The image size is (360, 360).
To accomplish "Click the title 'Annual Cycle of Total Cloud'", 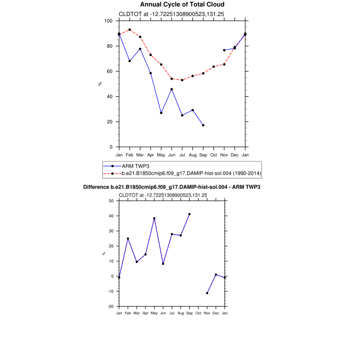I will [182, 5].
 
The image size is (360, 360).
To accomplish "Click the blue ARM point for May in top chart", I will [161, 113].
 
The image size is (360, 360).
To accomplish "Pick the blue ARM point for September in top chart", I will [203, 125].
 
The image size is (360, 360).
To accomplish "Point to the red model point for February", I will [130, 30].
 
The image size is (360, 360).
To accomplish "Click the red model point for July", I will [182, 80].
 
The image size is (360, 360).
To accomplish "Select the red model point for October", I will [213, 67].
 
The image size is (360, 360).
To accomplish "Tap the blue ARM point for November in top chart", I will [224, 50].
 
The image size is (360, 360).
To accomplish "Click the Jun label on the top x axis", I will [172, 155].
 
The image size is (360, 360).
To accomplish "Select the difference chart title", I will [172, 187].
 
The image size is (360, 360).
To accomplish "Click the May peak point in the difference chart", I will [154, 219].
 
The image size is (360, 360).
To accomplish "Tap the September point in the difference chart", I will [189, 214].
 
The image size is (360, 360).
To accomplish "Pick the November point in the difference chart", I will [207, 293].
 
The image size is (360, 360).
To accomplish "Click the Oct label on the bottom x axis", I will [198, 313].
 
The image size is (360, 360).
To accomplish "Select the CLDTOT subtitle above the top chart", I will [163, 14].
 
